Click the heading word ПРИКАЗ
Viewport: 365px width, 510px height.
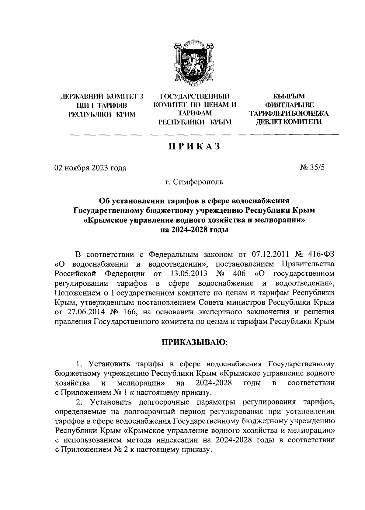pyautogui.click(x=194, y=147)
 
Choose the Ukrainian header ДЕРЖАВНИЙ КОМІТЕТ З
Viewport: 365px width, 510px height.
pyautogui.click(x=102, y=97)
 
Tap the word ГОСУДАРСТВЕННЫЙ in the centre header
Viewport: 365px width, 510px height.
pyautogui.click(x=195, y=97)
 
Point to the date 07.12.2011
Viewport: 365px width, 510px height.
pyautogui.click(x=271, y=254)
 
